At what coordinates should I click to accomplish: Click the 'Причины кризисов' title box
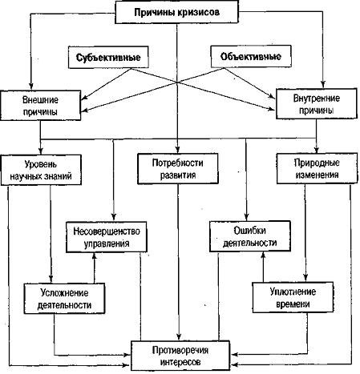pos(176,12)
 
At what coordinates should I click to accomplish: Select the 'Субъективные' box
pos(108,57)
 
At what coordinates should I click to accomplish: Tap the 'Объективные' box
pos(251,56)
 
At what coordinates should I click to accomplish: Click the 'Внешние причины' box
pos(41,106)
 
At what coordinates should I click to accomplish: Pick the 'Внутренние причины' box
pos(317,104)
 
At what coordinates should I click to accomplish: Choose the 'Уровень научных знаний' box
pos(41,170)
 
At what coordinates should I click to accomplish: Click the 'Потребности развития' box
pos(178,168)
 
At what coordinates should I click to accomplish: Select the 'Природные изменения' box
pos(317,168)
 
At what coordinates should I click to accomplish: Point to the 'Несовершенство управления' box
pos(107,237)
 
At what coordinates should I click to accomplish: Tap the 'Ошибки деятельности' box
pos(250,236)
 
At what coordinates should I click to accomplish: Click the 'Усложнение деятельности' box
pos(64,299)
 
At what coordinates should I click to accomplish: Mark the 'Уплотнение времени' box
pos(293,297)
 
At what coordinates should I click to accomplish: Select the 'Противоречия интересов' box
pos(180,356)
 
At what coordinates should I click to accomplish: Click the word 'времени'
pos(293,304)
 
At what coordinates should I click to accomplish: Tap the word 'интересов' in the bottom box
pos(180,362)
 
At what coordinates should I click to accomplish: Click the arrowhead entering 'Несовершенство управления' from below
pos(94,255)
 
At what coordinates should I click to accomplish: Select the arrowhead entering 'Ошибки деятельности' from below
pos(263,255)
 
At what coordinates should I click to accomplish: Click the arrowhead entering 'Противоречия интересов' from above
pos(179,337)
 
